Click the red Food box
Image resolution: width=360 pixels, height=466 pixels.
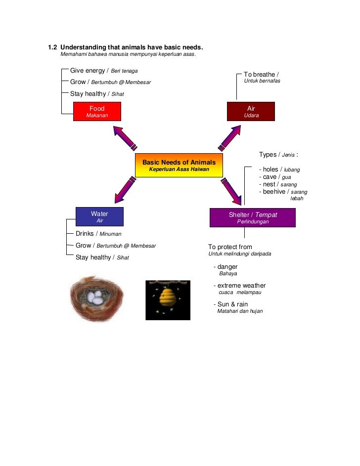pos(97,112)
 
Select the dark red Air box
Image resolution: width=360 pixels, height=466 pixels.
pos(251,112)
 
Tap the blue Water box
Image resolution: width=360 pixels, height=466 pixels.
pos(99,217)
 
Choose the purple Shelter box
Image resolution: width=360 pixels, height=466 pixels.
pos(253,218)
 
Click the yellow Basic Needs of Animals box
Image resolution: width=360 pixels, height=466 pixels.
pos(179,166)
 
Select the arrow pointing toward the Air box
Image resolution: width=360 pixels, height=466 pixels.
pos(230,137)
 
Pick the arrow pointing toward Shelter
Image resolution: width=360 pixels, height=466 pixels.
pos(231,191)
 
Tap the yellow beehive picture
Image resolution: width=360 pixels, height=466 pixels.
pos(168,299)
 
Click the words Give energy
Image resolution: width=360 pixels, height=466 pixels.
pos(88,71)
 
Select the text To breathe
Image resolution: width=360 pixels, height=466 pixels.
pos(259,75)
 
